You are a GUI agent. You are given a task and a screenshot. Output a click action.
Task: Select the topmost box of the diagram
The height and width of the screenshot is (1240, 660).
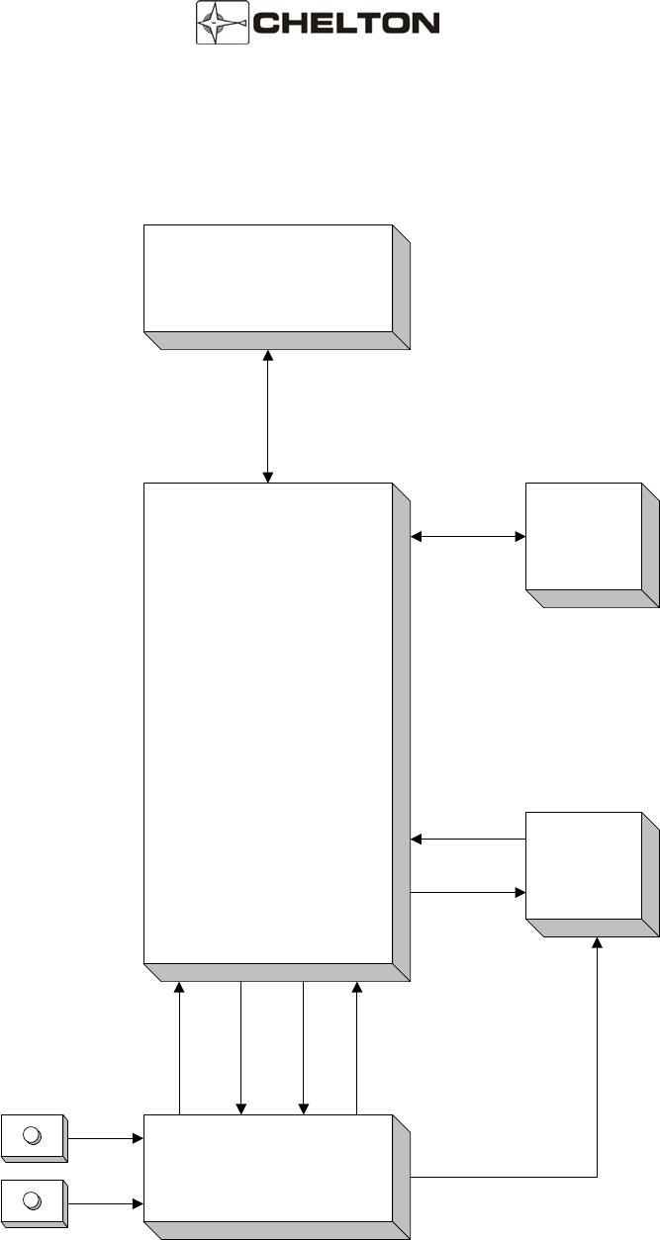point(268,279)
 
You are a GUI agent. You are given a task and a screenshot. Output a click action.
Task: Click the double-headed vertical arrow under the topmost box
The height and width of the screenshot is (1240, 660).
point(268,415)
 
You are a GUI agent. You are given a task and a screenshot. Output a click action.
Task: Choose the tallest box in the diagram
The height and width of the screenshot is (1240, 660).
point(268,722)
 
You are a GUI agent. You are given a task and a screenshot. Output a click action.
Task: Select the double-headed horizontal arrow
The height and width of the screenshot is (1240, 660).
point(468,537)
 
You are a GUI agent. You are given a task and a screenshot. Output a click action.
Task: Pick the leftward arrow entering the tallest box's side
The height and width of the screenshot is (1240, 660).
point(468,840)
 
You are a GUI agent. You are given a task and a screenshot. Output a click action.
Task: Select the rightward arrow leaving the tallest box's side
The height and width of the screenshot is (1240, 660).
point(468,892)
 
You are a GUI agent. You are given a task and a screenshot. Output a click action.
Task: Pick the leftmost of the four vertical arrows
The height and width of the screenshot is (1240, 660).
point(179,1048)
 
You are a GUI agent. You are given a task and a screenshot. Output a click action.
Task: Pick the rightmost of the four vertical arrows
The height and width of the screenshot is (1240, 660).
point(357,1048)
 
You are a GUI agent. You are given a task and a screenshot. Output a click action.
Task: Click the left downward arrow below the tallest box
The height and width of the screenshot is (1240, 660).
point(241,1048)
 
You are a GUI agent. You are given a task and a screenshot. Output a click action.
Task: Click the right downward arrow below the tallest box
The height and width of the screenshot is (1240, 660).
point(303,1048)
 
